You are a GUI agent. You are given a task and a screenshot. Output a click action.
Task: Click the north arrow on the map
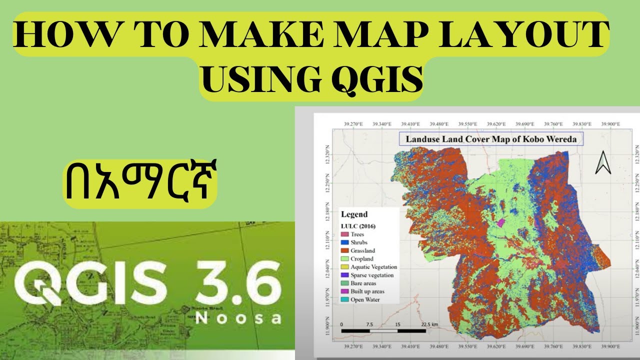tap(603, 163)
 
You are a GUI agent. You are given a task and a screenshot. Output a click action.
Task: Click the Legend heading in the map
tap(354, 214)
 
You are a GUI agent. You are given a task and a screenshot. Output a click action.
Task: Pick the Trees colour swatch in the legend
tap(345, 234)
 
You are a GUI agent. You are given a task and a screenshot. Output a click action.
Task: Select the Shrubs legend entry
tap(358, 242)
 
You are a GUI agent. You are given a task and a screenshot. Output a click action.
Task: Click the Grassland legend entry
tap(362, 250)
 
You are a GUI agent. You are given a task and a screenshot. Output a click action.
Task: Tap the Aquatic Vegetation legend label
tap(373, 267)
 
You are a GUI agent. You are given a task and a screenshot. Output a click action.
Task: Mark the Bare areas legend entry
tap(362, 283)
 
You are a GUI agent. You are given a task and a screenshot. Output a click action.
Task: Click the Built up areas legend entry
tap(367, 291)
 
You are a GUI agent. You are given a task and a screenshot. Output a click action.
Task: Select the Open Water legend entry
tap(365, 299)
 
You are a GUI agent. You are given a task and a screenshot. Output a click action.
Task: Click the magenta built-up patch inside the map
tap(499, 222)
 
